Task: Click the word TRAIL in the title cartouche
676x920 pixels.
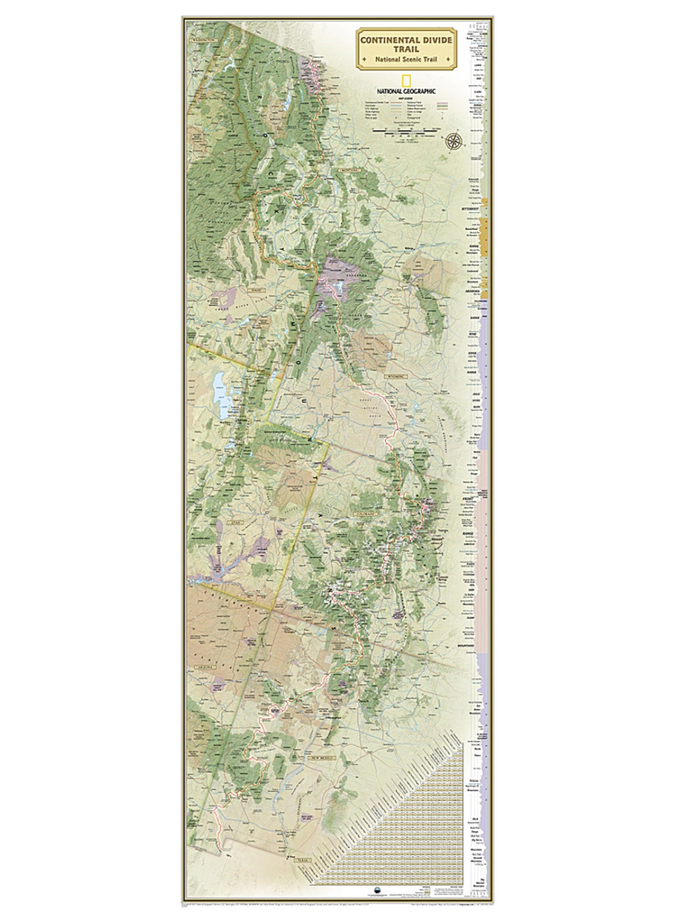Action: point(406,49)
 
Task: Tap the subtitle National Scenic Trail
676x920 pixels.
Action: point(406,59)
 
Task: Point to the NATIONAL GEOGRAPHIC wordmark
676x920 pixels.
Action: point(407,91)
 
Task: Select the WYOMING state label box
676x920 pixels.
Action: point(395,376)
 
